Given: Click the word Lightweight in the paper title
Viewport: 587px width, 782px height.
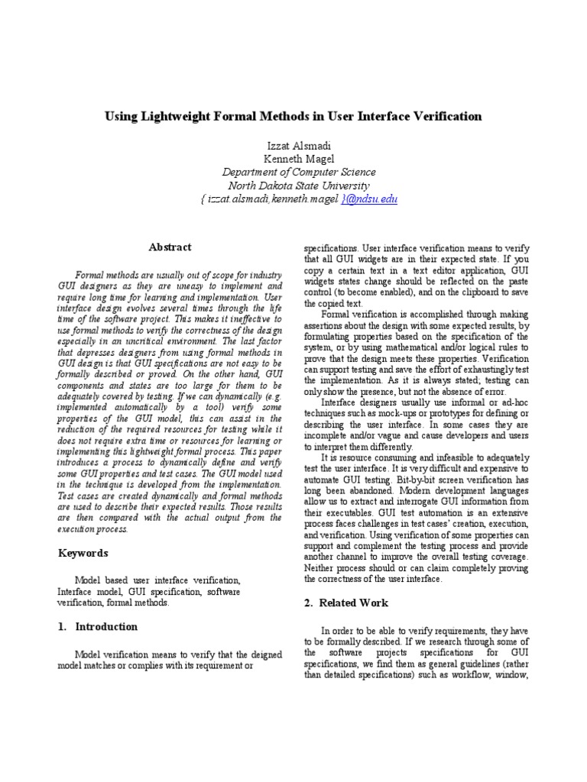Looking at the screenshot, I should (175, 117).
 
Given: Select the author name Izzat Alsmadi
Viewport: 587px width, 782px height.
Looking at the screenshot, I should (293, 145).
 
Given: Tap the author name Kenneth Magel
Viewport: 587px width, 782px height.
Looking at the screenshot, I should (293, 159).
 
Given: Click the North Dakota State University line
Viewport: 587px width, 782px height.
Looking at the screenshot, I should (293, 186).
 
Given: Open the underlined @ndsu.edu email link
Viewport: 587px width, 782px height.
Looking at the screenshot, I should (369, 199).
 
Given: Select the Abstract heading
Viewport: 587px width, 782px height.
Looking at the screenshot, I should (170, 247).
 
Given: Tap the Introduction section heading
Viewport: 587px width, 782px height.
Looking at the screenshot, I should (106, 627).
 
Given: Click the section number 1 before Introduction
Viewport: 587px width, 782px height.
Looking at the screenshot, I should (62, 627).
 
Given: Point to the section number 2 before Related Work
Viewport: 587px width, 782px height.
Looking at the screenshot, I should (308, 603).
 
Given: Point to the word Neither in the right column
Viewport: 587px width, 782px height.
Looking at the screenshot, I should (322, 568).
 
